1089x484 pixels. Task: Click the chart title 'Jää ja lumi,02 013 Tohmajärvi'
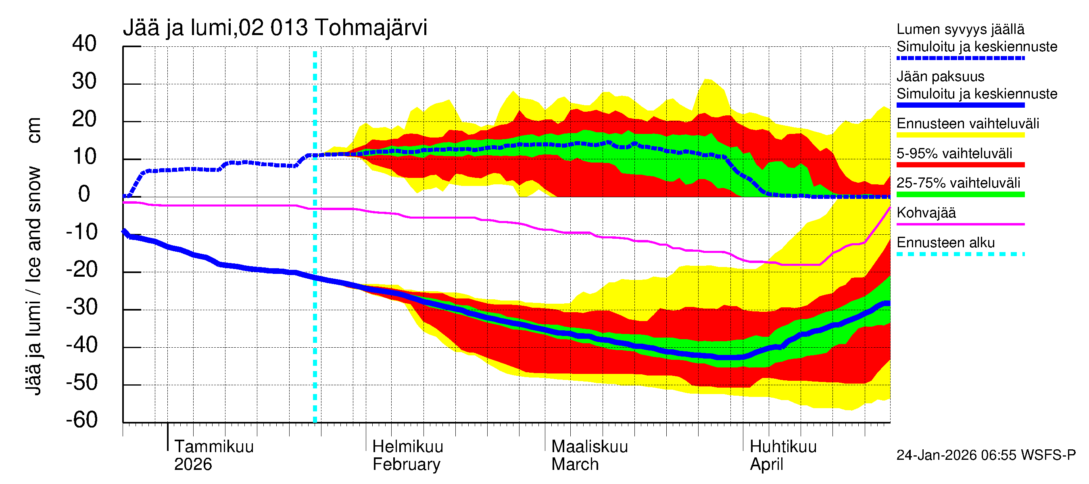[275, 28]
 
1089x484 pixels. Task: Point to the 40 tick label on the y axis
[84, 44]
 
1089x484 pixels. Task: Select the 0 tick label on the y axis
[84, 194]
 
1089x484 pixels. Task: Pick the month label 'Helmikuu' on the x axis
[407, 447]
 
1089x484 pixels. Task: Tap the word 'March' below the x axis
[575, 465]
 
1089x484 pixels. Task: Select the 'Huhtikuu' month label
[783, 447]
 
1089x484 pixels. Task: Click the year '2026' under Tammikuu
[193, 465]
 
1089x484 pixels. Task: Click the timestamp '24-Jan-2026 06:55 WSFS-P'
[986, 455]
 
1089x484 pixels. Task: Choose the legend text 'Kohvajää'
[926, 213]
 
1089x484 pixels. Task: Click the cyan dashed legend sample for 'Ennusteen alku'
[960, 254]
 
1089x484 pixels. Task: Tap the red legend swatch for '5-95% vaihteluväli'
[960, 165]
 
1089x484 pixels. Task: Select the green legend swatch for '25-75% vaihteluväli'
[960, 194]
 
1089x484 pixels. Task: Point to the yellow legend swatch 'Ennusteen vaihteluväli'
[960, 135]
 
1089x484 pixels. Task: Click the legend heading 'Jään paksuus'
[940, 77]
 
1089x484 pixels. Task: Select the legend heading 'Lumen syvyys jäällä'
[960, 29]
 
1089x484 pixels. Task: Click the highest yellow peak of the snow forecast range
[706, 79]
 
